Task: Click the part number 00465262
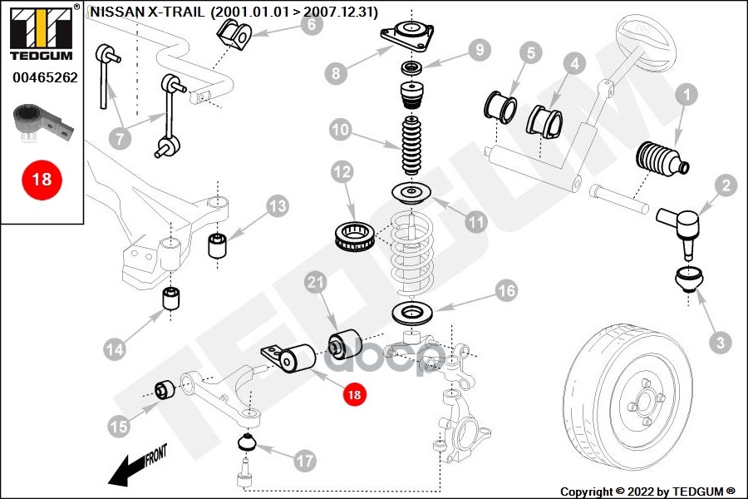pyautogui.click(x=45, y=77)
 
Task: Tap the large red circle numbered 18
pyautogui.click(x=42, y=178)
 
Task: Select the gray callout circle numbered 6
pyautogui.click(x=310, y=24)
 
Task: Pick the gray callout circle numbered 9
pyautogui.click(x=479, y=51)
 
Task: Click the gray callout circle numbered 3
pyautogui.click(x=720, y=341)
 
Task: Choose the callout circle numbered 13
pyautogui.click(x=277, y=205)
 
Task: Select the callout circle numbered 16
pyautogui.click(x=506, y=290)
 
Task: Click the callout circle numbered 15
pyautogui.click(x=119, y=427)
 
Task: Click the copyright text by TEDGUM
pyautogui.click(x=647, y=491)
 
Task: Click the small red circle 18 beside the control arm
pyautogui.click(x=355, y=395)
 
